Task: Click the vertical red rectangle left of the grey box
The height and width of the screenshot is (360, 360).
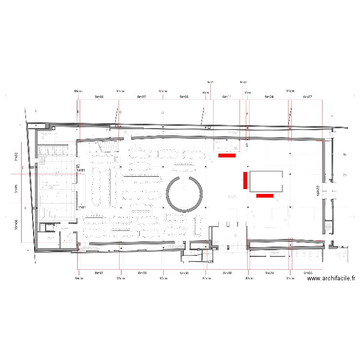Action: [245, 180]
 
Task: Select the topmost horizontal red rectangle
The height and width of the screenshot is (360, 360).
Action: [227, 156]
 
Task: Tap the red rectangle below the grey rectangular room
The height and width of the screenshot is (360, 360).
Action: [265, 196]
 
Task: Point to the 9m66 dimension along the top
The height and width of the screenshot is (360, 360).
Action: [99, 97]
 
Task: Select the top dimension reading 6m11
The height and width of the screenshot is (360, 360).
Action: [227, 97]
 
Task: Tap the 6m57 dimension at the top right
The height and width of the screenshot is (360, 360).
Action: [307, 97]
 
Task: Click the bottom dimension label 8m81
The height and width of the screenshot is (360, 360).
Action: [99, 273]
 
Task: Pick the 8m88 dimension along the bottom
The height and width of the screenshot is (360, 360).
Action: [227, 273]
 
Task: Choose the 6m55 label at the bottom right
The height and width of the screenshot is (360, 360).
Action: [307, 273]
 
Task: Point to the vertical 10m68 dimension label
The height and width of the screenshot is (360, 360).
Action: [16, 224]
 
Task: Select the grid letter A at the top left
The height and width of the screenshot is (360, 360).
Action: [36, 111]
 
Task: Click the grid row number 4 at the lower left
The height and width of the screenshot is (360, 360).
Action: [28, 251]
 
